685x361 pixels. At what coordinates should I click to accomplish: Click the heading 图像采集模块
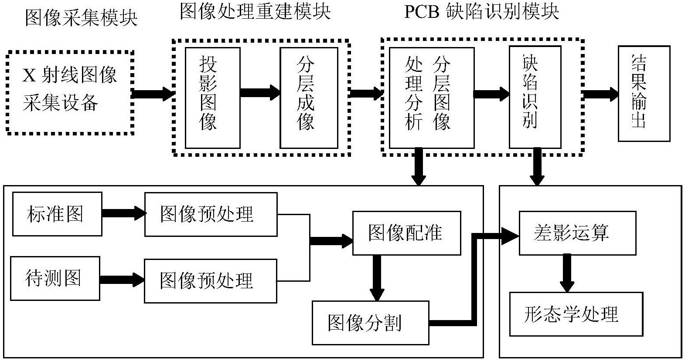pos(81,18)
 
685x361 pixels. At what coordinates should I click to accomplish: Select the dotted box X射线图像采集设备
pos(70,92)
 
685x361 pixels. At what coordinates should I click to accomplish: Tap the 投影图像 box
pos(212,98)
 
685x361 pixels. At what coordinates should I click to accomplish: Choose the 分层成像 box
pos(309,98)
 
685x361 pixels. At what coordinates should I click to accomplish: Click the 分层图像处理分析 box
pos(431,98)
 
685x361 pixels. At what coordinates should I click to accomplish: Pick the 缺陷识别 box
pos(535,98)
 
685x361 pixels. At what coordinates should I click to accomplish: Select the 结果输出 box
pos(644,94)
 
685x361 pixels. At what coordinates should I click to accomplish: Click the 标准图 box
pos(57,214)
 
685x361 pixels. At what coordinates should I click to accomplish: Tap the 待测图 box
pos(55,278)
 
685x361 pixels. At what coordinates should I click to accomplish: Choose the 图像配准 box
pos(406,233)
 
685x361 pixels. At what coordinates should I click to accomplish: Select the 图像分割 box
pos(370,323)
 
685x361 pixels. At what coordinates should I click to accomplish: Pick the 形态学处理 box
pos(576,314)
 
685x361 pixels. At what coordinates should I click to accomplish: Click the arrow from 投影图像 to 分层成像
pos(260,92)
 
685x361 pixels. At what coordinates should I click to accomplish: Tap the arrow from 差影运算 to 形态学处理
pos(567,273)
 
